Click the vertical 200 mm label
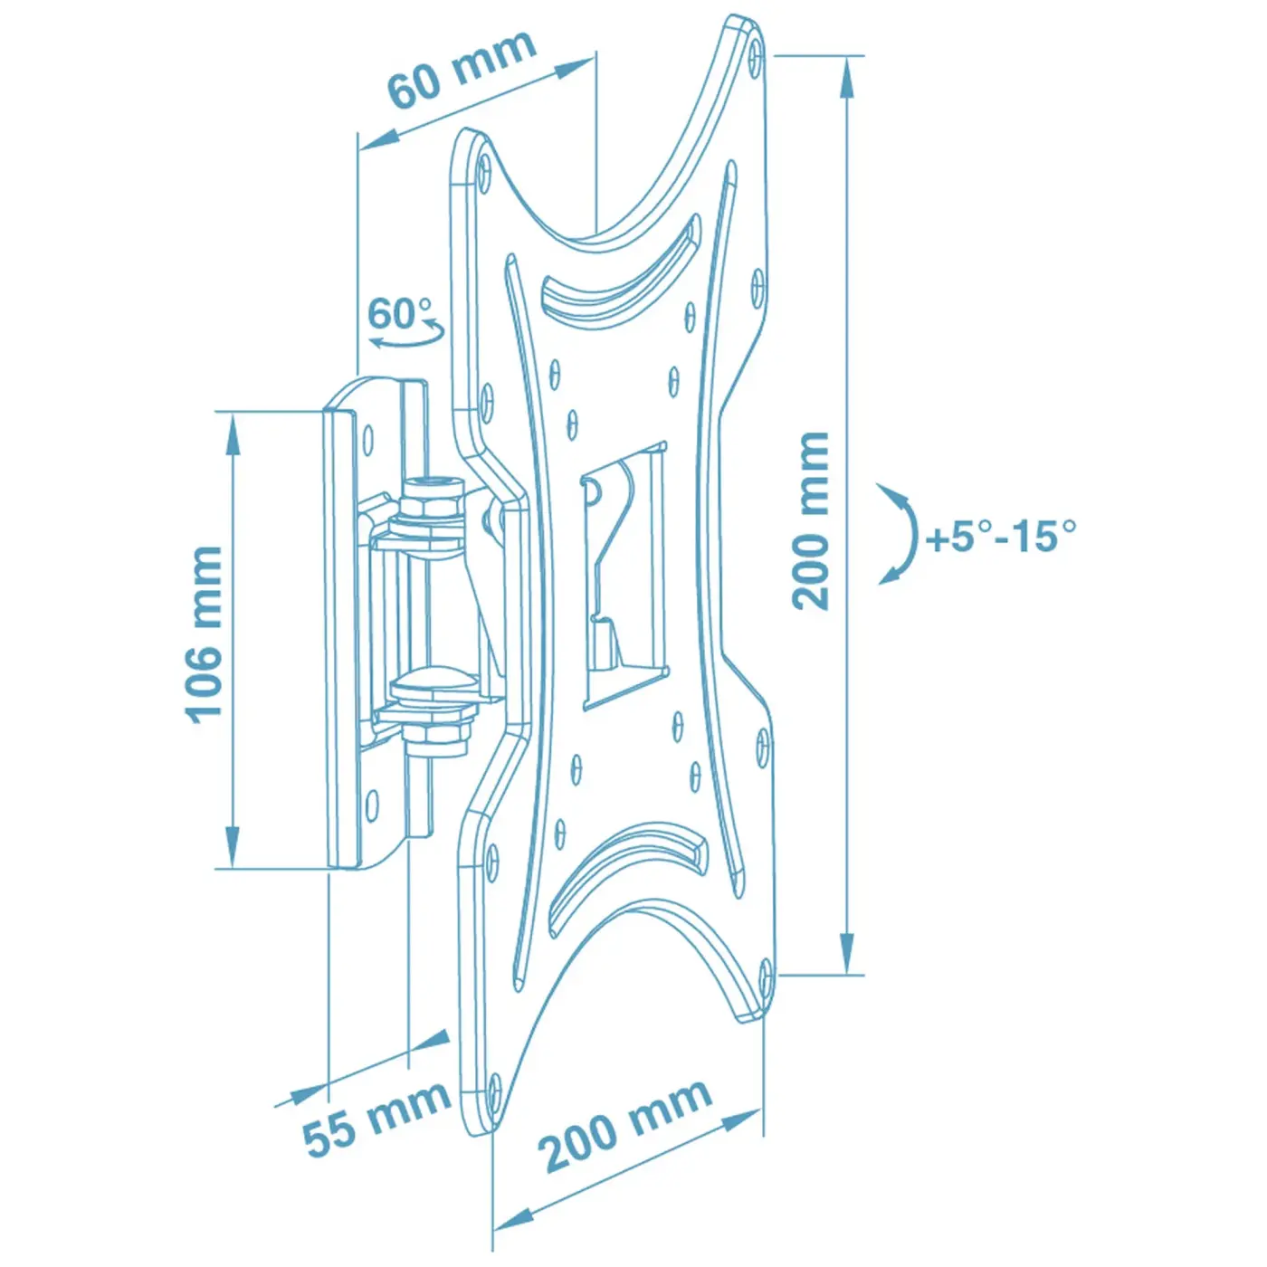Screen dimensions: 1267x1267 pos(811,520)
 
